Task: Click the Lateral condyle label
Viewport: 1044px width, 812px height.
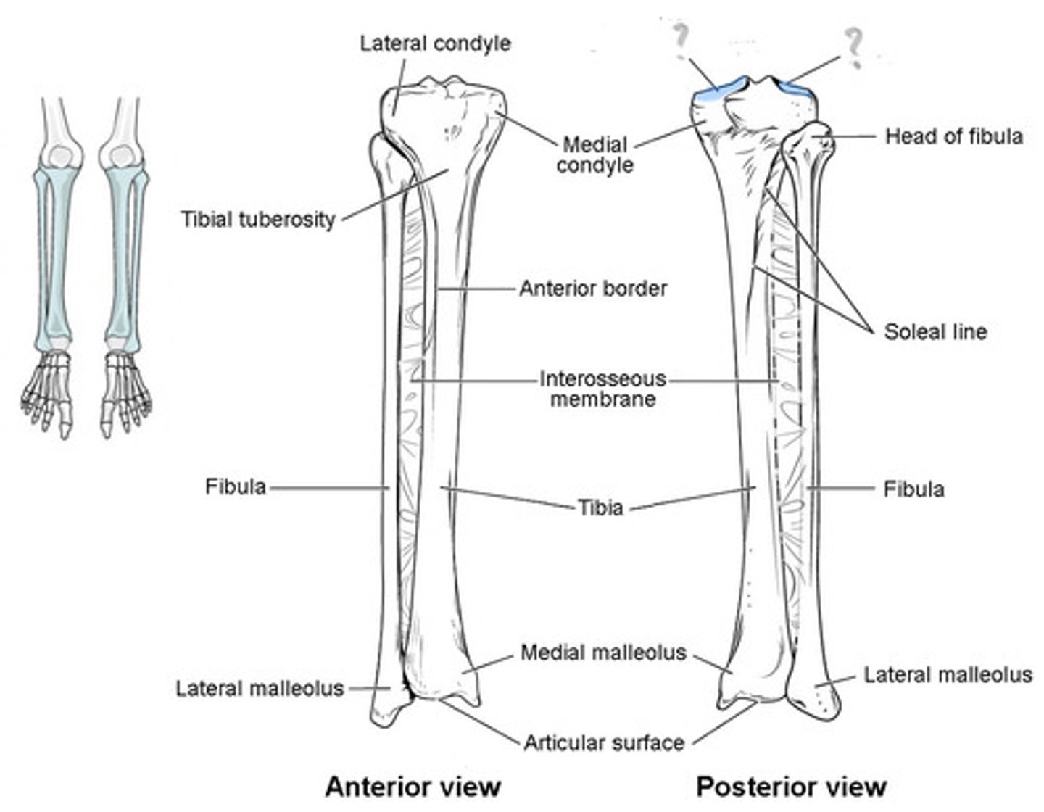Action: tap(435, 43)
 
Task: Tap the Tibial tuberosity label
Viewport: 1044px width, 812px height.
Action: tap(258, 219)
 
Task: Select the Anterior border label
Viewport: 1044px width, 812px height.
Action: tap(593, 289)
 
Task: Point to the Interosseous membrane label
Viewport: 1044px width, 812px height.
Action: tap(602, 389)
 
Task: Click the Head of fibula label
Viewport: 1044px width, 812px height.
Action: tap(953, 136)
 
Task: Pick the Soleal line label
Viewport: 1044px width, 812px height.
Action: tap(935, 332)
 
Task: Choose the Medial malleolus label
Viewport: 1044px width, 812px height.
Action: tap(603, 652)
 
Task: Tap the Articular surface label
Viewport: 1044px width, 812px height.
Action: tap(604, 742)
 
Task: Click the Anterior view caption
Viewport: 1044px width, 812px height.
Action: tap(413, 787)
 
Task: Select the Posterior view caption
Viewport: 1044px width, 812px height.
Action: tap(791, 787)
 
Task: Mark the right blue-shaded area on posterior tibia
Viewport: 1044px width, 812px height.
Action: tap(795, 88)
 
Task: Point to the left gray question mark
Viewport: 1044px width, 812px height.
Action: tap(681, 40)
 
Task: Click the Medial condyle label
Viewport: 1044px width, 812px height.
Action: tap(594, 154)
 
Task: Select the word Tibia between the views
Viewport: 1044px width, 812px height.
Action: tap(600, 507)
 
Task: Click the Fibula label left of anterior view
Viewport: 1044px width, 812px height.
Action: tap(236, 486)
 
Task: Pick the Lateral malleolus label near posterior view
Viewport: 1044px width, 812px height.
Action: tap(948, 675)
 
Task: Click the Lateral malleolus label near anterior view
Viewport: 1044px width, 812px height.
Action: tap(260, 688)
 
